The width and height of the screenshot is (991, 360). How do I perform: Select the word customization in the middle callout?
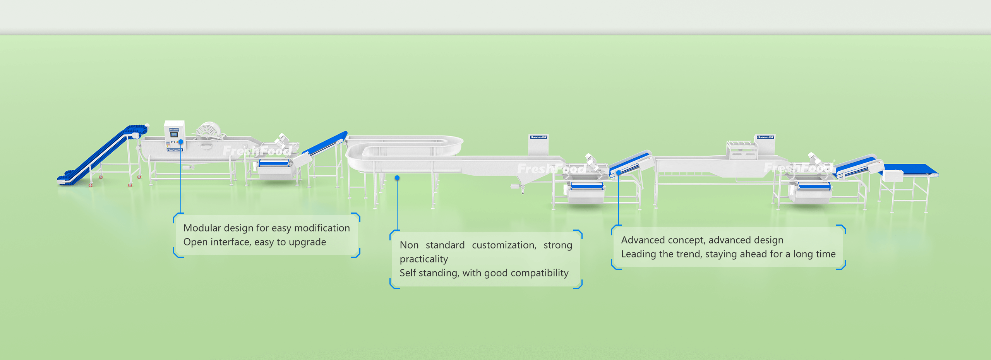pyautogui.click(x=504, y=245)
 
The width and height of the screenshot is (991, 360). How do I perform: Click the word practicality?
pyautogui.click(x=423, y=259)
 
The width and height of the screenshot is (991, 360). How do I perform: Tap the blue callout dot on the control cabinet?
pyautogui.click(x=181, y=142)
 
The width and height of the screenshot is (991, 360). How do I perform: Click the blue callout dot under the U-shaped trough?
pyautogui.click(x=397, y=178)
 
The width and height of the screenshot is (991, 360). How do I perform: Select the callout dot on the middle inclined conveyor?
pyautogui.click(x=619, y=173)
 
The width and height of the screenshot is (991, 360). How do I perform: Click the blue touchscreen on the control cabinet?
pyautogui.click(x=174, y=134)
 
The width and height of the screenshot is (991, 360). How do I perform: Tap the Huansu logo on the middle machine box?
pyautogui.click(x=538, y=137)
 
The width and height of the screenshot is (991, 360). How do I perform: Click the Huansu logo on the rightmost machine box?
pyautogui.click(x=765, y=137)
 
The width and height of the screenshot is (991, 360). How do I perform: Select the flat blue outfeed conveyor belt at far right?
pyautogui.click(x=914, y=170)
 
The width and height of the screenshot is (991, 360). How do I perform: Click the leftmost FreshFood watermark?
pyautogui.click(x=257, y=151)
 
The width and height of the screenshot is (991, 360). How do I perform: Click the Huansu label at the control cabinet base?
pyautogui.click(x=175, y=150)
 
